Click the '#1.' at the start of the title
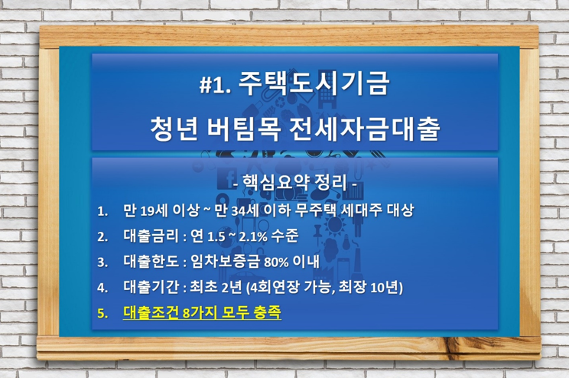coord(215,86)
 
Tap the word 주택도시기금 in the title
coord(314,83)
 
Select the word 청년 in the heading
coord(174,128)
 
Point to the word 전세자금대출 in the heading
coord(365,128)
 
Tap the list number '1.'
coord(102,211)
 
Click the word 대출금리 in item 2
coord(151,236)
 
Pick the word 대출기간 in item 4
coord(151,287)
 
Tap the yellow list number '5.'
coord(102,313)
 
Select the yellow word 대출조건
coord(151,312)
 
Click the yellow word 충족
coord(268,312)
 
